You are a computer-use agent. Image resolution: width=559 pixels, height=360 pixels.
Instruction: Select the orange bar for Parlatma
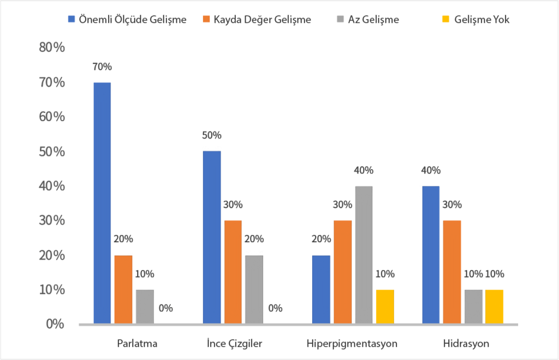123,290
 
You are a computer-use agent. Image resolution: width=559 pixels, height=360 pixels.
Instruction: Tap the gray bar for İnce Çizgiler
254,290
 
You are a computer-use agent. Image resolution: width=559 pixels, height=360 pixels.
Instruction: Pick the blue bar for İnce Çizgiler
212,237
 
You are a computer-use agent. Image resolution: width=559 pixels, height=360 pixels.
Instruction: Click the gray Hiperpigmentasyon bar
363,255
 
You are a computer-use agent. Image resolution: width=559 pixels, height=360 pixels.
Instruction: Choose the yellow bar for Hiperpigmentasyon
384,307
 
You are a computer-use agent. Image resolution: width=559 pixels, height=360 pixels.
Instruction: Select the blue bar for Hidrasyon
431,255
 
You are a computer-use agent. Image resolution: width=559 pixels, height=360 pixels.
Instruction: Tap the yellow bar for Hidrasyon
494,307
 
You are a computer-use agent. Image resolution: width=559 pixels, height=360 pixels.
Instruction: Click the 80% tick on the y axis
52,47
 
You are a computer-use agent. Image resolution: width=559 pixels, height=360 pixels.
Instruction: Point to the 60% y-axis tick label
52,117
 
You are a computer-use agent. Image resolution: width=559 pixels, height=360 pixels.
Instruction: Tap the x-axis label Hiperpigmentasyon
352,344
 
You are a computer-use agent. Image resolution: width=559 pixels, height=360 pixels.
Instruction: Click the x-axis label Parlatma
138,344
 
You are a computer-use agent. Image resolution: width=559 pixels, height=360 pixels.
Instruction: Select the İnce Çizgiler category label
242,344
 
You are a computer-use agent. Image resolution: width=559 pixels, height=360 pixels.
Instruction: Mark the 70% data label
102,67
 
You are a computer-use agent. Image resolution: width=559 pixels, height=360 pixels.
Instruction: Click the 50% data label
212,135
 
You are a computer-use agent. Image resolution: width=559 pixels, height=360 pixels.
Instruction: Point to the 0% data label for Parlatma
165,308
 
